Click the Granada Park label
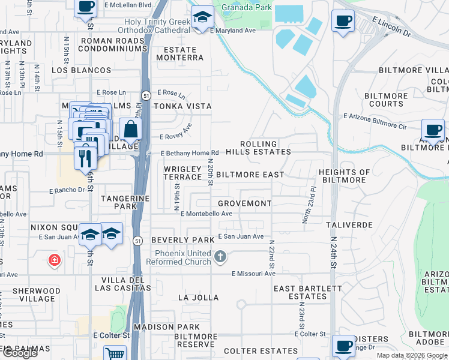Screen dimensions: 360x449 (x=246, y=8)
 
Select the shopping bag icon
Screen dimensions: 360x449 (x=130, y=128)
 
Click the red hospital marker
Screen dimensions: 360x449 (x=55, y=260)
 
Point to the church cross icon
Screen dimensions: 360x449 (x=220, y=257)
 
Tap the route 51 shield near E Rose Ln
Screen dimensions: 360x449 (x=146, y=95)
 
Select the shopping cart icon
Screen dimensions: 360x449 (x=114, y=353)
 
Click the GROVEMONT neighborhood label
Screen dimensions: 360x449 (x=244, y=203)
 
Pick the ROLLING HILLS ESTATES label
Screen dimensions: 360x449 (x=265, y=148)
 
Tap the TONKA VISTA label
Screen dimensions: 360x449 (x=183, y=106)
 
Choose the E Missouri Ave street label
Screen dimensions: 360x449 (x=253, y=274)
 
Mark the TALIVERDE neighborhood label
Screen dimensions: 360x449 (x=349, y=224)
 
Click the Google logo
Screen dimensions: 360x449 (x=20, y=352)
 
